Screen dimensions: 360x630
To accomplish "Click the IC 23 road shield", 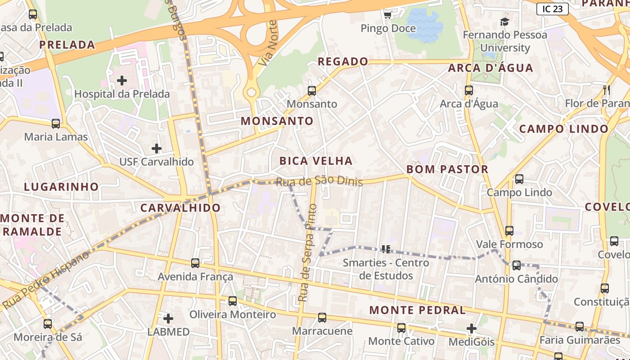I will (552, 9).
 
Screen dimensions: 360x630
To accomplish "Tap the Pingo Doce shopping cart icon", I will (387, 15).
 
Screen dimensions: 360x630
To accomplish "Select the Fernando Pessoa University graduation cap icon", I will (504, 22).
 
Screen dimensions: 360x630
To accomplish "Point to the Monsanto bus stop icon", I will (312, 91).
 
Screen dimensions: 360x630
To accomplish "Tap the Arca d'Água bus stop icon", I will (469, 90).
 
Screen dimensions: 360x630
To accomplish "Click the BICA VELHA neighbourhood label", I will (316, 161).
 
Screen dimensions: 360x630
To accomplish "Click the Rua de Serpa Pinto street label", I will (307, 253).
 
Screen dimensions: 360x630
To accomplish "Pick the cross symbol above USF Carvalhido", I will (156, 148).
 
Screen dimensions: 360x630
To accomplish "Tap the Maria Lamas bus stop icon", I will (56, 124).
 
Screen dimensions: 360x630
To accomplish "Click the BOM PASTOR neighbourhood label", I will (447, 169).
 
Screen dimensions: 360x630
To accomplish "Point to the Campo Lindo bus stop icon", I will (519, 179).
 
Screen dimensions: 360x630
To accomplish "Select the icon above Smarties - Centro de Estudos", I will (386, 249).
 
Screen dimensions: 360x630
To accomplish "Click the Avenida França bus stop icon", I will (195, 263).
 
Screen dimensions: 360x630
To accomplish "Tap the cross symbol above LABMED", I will (168, 319).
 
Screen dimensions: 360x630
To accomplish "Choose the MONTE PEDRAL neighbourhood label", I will (418, 310).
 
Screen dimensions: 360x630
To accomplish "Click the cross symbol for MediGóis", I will (471, 328).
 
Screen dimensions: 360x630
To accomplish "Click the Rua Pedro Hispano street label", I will (47, 281).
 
